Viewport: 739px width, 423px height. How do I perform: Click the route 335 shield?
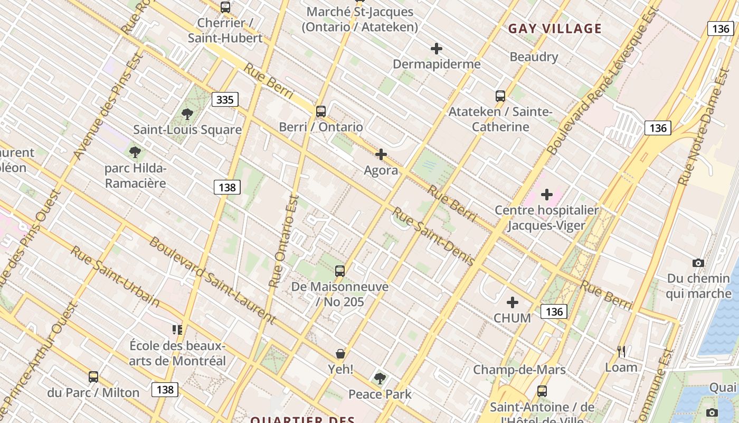[225, 99]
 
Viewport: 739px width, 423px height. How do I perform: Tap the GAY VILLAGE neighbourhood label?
[555, 29]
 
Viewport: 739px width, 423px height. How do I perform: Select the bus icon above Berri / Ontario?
[320, 112]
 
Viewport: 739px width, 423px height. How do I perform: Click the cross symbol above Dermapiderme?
[437, 49]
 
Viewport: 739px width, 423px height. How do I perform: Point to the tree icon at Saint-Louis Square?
[187, 114]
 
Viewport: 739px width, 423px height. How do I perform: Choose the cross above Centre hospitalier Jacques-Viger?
[547, 195]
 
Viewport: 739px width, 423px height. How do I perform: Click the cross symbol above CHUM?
[512, 302]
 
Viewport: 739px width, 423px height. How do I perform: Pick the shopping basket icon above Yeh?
[340, 353]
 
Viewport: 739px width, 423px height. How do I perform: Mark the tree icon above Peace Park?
[380, 378]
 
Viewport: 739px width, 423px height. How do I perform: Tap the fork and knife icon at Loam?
[621, 351]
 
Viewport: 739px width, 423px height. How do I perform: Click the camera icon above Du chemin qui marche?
[698, 263]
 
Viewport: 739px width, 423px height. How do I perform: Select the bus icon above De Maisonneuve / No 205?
[340, 271]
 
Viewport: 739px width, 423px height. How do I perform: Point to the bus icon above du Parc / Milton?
[93, 377]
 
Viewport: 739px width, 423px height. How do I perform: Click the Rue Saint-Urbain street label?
[115, 276]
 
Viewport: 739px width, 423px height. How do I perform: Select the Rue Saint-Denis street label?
[433, 236]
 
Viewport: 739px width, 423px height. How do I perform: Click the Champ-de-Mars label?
[519, 370]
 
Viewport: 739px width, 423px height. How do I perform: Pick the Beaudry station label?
[534, 57]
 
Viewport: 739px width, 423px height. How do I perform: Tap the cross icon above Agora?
[381, 154]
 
